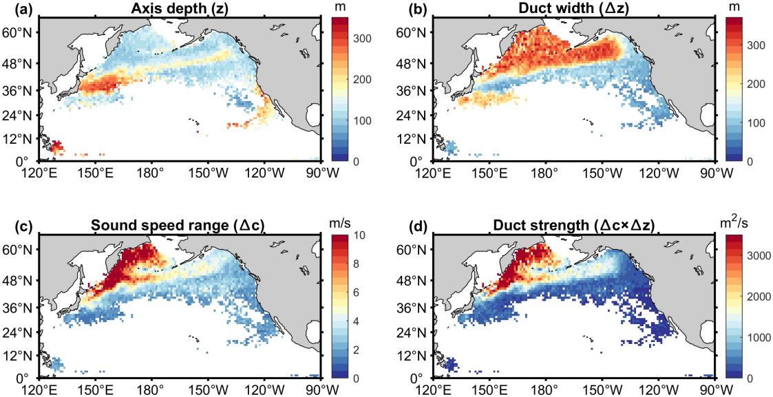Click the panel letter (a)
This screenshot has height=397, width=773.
point(13,8)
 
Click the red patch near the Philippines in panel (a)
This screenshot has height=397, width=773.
point(56,147)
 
